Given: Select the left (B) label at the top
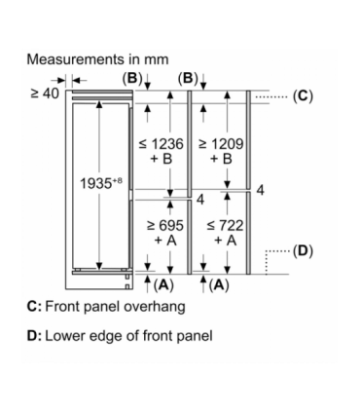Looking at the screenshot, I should (132, 77).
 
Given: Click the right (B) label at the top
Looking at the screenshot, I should (189, 77).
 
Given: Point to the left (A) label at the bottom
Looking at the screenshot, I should (162, 284).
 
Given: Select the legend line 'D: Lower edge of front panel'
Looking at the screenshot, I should (120, 337).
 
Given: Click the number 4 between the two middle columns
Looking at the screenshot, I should (198, 199).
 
